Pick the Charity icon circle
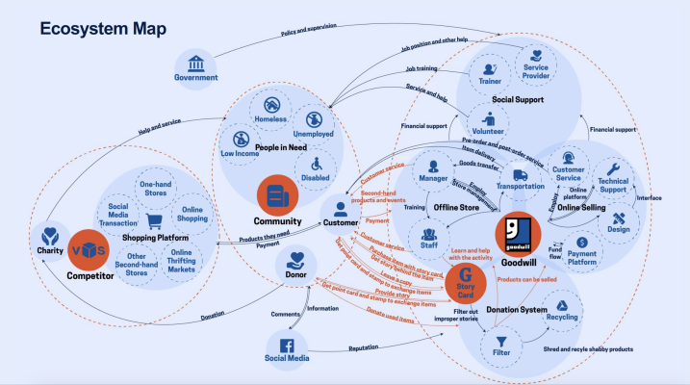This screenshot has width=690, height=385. pyautogui.click(x=50, y=234)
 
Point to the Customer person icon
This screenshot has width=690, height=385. pyautogui.click(x=339, y=208)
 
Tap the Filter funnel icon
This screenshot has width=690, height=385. pyautogui.click(x=501, y=341)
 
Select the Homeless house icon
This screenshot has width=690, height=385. pyautogui.click(x=271, y=107)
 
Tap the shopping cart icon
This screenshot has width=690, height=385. pyautogui.click(x=153, y=222)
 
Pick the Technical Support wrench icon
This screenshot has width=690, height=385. pyautogui.click(x=614, y=169)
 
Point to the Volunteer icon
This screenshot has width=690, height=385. pyautogui.click(x=489, y=121)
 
